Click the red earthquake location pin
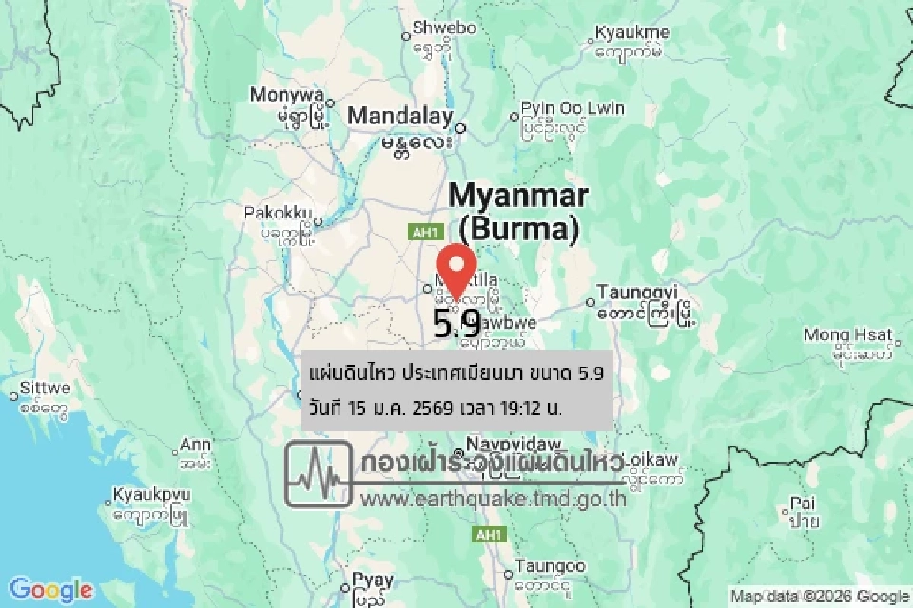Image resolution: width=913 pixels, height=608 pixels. [x=458, y=269]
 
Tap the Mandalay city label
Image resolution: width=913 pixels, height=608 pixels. [x=399, y=117]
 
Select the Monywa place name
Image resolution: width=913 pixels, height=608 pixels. [x=287, y=95]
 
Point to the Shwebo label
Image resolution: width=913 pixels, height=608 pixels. [x=444, y=28]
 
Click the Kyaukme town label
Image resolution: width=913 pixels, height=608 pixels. [x=631, y=33]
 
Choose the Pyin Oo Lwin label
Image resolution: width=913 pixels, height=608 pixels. [x=573, y=108]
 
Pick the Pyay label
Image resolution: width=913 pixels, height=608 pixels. [x=372, y=579]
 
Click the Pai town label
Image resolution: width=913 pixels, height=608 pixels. [x=801, y=503]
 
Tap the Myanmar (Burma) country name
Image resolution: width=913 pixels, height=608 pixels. [x=518, y=211]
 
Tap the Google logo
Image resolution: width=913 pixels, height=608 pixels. [x=51, y=589]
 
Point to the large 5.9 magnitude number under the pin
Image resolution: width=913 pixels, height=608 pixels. [x=456, y=325]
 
